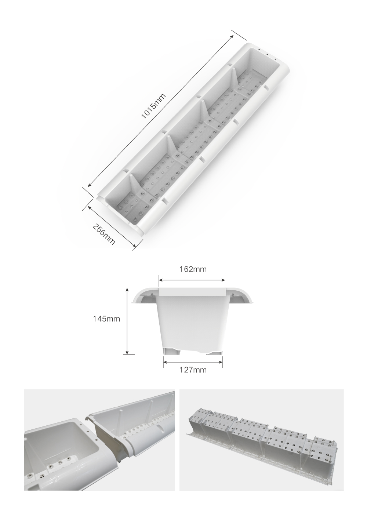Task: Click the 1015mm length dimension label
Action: coord(153,106)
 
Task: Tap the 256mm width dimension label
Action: coord(103,234)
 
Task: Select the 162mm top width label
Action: coord(193,269)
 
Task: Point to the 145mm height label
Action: coord(106,319)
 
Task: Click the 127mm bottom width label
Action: coord(193,370)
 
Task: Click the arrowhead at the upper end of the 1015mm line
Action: coord(232,37)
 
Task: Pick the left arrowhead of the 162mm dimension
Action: coord(161,280)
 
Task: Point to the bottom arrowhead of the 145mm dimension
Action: coord(127,352)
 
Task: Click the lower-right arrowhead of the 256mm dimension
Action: coord(135,247)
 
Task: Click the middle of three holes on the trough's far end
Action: coord(267,55)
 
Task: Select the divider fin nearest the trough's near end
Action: coord(133,182)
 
